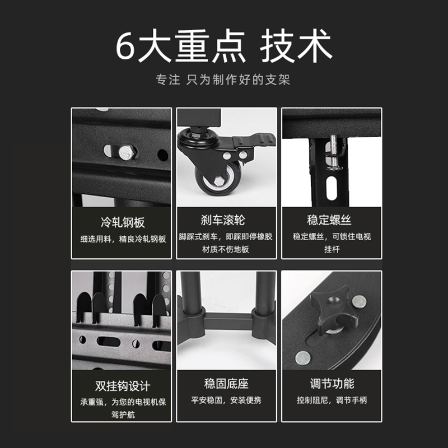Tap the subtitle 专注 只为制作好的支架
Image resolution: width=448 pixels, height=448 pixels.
pos(223,80)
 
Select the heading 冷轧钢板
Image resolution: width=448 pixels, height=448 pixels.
pos(122,222)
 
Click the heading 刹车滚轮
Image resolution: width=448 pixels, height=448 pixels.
pos(226,220)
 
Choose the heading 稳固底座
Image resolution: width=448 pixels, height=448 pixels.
pos(226,384)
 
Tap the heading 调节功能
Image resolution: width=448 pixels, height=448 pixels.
pos(332,384)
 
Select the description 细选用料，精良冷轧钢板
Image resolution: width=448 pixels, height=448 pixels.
pos(122,239)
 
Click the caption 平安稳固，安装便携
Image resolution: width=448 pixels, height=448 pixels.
pos(226,400)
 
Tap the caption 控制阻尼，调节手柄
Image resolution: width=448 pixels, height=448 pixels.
pos(332,400)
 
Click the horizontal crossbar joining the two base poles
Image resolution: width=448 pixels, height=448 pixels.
pos(226,323)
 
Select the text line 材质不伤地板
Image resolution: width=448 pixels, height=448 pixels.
pos(226,249)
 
